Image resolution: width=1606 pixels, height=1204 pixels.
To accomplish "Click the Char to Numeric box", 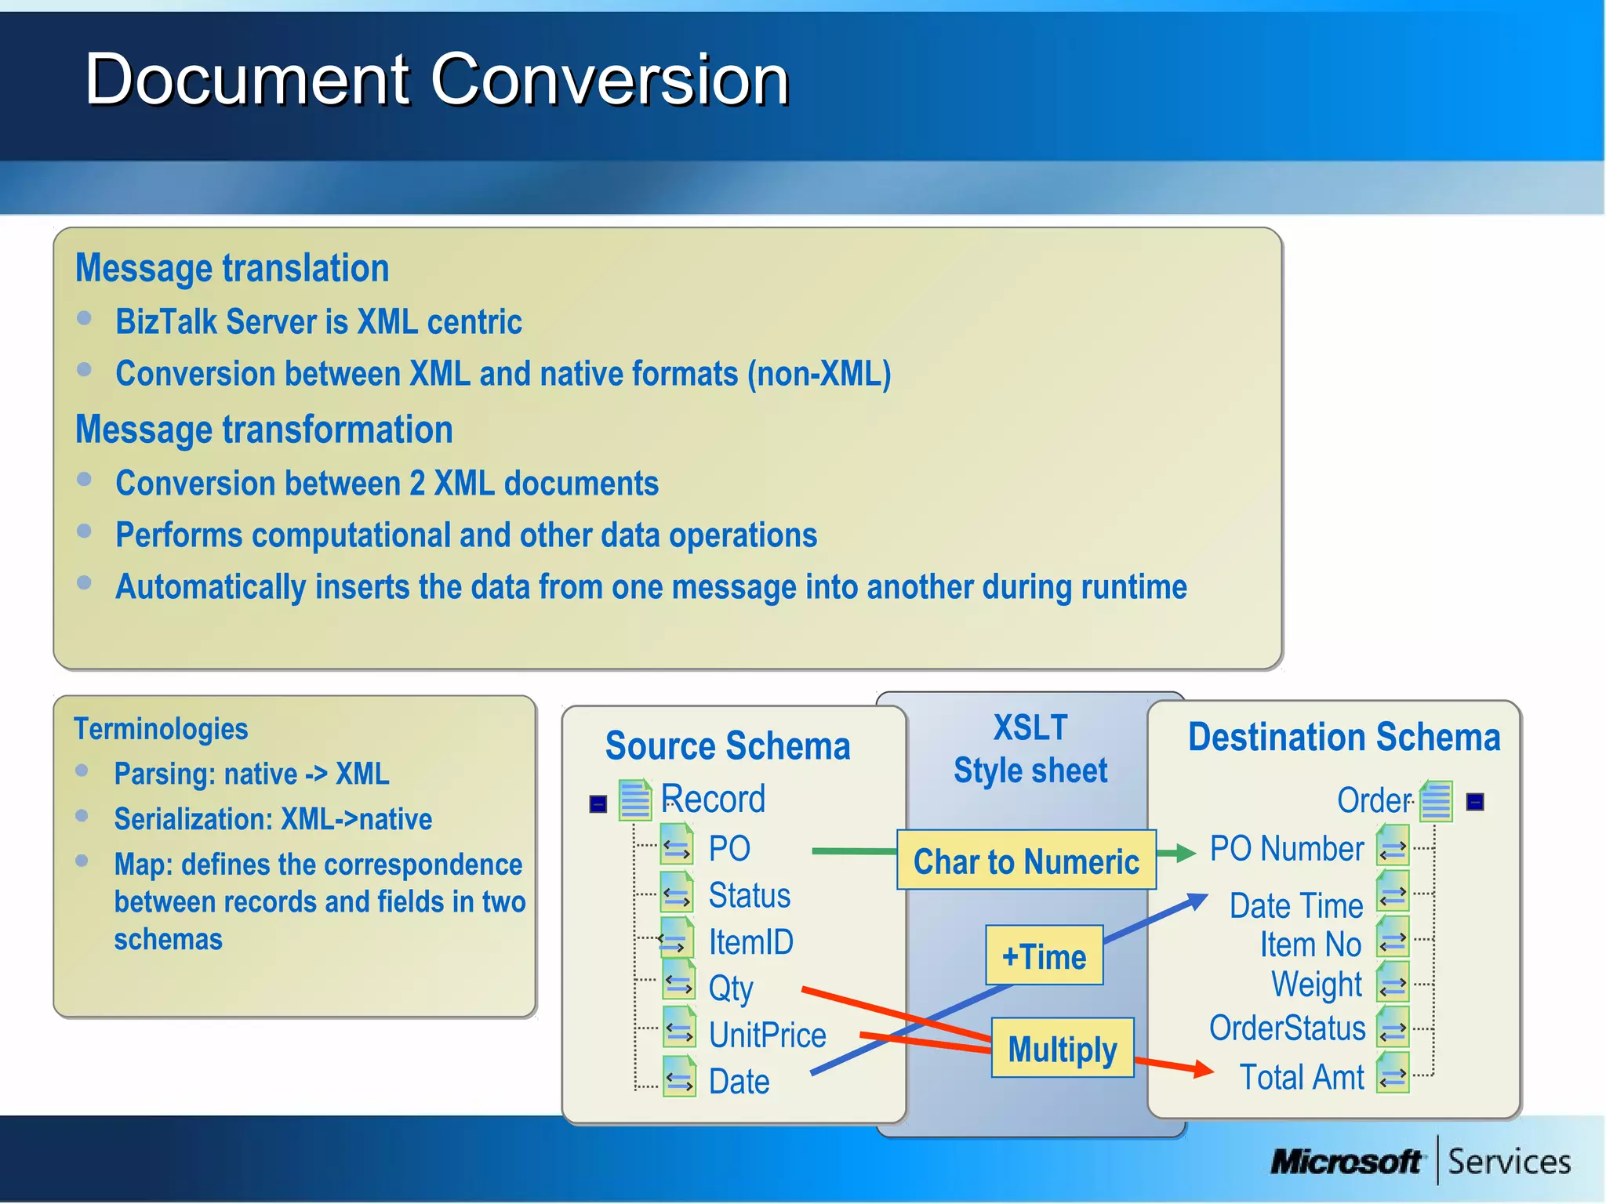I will pos(1026,861).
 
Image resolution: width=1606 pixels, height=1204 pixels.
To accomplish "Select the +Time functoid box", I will pos(1044,956).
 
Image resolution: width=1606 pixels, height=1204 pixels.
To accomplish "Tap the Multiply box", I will pos(1062,1049).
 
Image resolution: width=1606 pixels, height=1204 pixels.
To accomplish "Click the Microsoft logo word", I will pos(1346,1161).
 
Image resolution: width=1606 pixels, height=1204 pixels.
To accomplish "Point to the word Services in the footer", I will pos(1509,1162).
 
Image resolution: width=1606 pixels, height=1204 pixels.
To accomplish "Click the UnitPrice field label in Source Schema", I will pos(767,1035).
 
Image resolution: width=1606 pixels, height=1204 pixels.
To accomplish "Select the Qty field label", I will pos(731,988).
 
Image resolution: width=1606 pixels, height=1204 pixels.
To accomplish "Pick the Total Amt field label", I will pos(1302,1077).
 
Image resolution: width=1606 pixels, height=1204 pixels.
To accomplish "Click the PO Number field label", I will pos(1286,849).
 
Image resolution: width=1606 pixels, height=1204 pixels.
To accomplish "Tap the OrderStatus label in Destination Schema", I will pos(1287,1028).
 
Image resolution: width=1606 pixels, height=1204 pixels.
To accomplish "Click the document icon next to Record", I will pos(635,800).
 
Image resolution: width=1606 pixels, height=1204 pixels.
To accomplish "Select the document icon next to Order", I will pos(1436,801).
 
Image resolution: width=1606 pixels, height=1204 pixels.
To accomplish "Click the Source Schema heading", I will pos(727,745).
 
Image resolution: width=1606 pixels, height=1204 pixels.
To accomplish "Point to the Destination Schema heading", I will pos(1343,738).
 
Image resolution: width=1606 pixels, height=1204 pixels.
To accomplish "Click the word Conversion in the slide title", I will pos(609,80).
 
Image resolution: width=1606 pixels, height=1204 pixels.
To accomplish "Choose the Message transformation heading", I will pos(263,430).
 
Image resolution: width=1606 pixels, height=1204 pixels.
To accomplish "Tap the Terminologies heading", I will pos(161,729).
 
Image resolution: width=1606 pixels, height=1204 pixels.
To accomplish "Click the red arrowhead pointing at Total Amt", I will pos(1202,1068).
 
